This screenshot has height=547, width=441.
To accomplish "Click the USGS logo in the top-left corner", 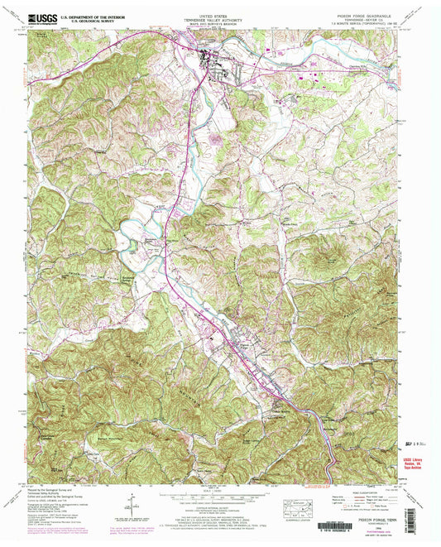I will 36,17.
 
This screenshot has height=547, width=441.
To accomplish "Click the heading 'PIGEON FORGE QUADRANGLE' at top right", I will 363,13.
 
